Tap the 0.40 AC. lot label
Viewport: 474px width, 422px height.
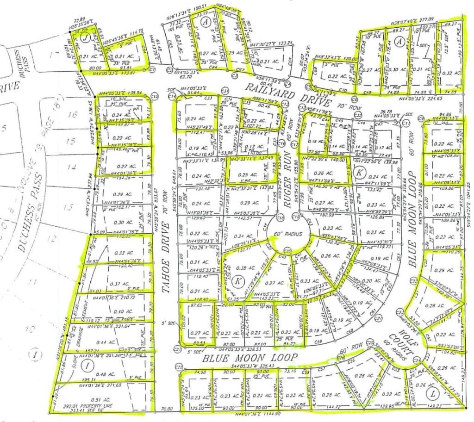click(x=112, y=311)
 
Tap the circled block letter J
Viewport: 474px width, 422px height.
click(x=85, y=39)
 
